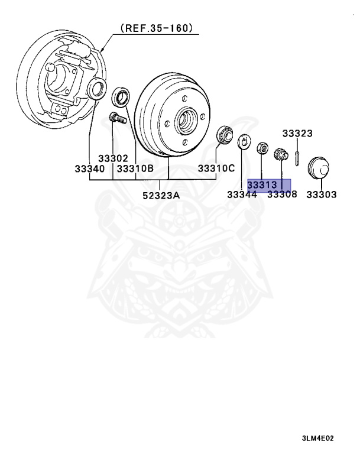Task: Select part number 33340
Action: pyautogui.click(x=89, y=169)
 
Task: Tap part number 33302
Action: pyautogui.click(x=113, y=158)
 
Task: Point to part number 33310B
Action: pyautogui.click(x=135, y=169)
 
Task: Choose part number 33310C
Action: pyautogui.click(x=216, y=169)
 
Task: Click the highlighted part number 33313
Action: pyautogui.click(x=262, y=184)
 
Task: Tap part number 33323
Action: pyautogui.click(x=297, y=134)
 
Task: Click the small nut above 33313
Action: pyautogui.click(x=261, y=147)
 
